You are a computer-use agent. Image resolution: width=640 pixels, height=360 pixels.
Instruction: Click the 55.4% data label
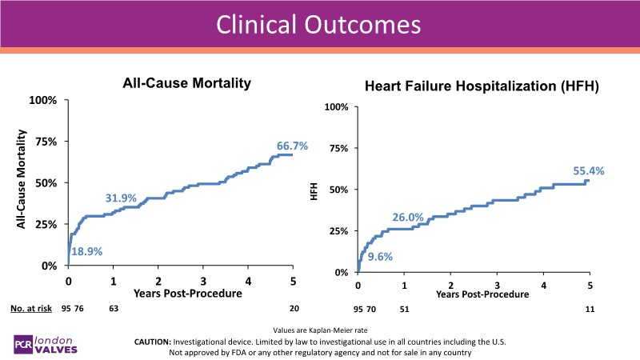[588, 170]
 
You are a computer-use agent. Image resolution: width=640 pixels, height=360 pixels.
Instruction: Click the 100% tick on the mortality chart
[44, 100]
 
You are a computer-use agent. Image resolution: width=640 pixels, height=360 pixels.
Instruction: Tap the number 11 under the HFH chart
[589, 309]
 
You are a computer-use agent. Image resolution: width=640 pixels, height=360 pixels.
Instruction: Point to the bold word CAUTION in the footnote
[160, 342]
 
